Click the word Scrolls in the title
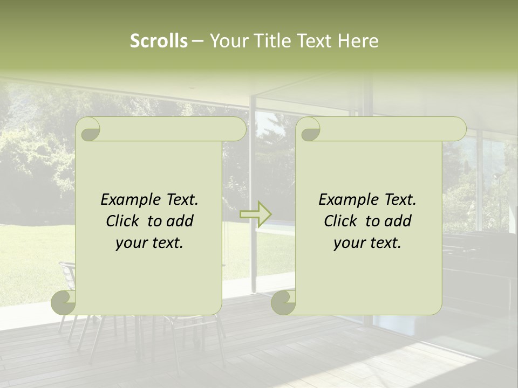[x=159, y=41]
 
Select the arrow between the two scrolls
[x=256, y=214]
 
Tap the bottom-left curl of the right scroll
[x=284, y=303]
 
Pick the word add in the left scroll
[x=180, y=221]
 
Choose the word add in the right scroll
[x=398, y=221]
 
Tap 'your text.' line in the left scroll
[x=149, y=242]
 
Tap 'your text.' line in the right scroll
[x=367, y=242]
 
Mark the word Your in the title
[x=227, y=41]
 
